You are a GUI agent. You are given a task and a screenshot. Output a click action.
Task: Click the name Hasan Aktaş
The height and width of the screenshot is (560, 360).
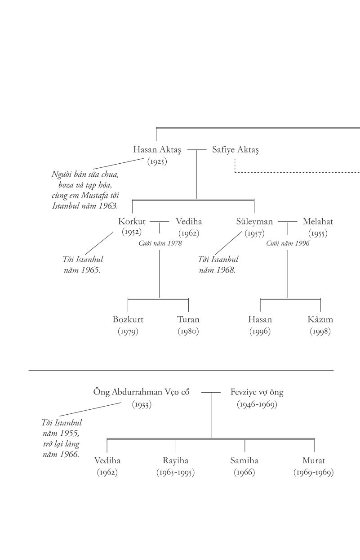157,149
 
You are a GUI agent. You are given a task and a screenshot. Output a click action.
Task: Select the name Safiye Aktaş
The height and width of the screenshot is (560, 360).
235,149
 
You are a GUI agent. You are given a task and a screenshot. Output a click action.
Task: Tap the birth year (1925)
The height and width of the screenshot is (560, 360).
157,161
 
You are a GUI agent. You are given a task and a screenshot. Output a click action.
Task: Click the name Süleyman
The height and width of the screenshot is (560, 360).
254,221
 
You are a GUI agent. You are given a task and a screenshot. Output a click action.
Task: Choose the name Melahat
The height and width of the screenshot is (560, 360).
318,221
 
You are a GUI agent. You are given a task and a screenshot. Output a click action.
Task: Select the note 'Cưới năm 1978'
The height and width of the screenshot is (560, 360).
160,243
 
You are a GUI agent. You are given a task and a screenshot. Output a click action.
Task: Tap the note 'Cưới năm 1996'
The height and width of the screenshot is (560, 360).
288,243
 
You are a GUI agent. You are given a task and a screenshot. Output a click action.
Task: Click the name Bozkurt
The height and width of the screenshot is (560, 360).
128,320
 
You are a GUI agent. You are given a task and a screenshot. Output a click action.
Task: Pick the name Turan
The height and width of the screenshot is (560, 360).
188,320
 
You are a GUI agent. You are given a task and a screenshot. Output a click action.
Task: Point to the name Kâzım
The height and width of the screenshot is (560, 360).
320,320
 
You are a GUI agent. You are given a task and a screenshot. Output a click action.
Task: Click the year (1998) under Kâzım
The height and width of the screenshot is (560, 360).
320,332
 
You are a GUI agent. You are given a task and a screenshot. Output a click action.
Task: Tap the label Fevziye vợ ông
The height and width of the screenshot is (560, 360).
257,392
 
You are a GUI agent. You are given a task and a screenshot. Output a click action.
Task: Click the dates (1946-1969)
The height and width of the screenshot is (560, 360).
257,404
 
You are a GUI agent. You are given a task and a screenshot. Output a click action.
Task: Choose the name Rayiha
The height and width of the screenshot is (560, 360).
176,461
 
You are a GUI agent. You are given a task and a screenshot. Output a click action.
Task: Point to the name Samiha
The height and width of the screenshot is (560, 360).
244,461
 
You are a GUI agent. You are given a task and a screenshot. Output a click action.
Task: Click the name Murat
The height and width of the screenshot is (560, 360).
314,461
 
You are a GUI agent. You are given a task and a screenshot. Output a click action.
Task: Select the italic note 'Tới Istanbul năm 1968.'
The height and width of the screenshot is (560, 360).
218,265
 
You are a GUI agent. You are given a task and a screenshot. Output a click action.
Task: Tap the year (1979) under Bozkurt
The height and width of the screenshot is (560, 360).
128,332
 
